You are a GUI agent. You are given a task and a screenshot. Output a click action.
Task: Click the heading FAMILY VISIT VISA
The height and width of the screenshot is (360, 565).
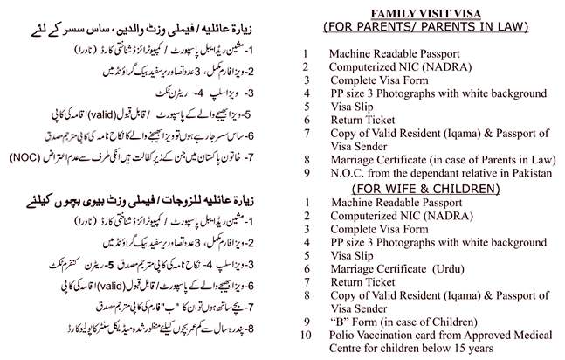[433, 13]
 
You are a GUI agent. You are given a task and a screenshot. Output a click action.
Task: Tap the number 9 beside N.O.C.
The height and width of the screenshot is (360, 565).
[306, 174]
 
